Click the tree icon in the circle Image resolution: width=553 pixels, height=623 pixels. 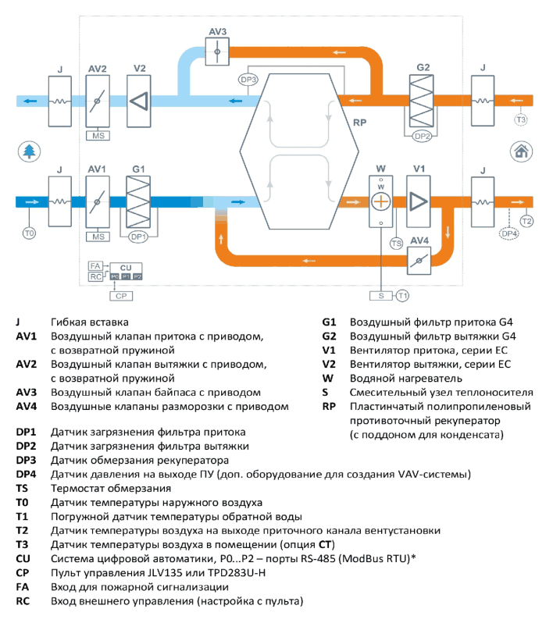(x=29, y=151)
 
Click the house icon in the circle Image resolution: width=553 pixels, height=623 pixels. (x=521, y=151)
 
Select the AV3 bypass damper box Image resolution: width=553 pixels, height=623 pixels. (x=217, y=52)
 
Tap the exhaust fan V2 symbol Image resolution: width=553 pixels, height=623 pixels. (x=139, y=101)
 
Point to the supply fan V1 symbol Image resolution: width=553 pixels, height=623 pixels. (x=418, y=201)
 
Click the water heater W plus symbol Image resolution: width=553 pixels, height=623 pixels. (x=381, y=201)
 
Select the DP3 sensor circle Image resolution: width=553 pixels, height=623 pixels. (x=248, y=80)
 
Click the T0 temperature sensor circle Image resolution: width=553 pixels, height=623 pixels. (x=29, y=233)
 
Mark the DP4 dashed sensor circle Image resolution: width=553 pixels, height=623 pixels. (x=509, y=233)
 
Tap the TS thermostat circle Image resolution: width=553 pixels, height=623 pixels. (x=396, y=244)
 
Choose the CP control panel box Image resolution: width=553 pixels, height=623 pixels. (x=121, y=296)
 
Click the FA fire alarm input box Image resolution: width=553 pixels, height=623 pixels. (x=95, y=265)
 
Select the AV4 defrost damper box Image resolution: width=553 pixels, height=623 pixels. (x=419, y=261)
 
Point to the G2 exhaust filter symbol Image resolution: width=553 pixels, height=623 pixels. (x=422, y=101)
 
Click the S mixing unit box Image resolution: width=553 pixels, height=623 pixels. (x=381, y=296)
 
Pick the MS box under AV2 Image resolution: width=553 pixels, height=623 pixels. (x=98, y=136)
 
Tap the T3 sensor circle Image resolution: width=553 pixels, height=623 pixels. (x=521, y=119)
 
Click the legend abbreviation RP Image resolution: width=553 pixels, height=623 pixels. (x=329, y=407)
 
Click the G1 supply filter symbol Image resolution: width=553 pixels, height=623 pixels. (x=138, y=202)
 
